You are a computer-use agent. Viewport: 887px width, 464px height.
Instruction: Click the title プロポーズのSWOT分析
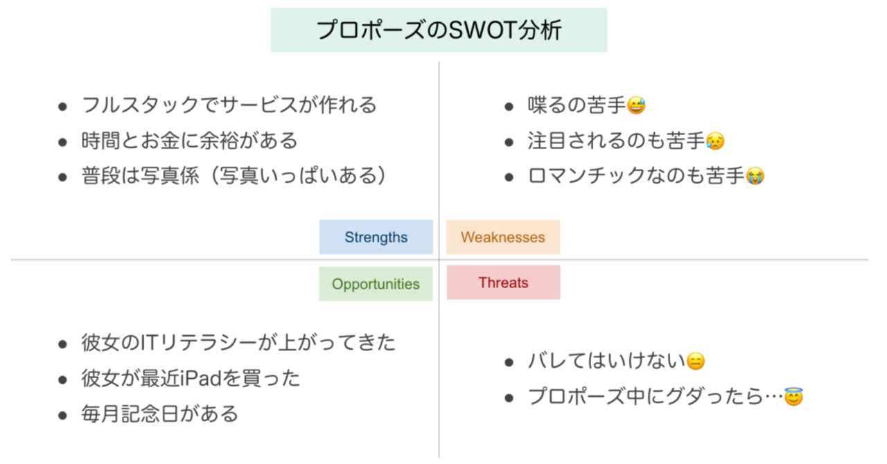click(x=439, y=30)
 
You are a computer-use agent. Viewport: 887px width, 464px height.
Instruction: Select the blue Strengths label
click(x=376, y=237)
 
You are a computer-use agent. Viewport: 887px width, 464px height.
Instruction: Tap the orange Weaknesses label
click(x=503, y=237)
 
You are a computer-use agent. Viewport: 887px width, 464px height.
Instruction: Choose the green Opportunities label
click(x=376, y=283)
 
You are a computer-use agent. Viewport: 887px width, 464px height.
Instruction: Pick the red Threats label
click(x=503, y=283)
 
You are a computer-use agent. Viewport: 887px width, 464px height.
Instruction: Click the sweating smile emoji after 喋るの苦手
click(x=636, y=105)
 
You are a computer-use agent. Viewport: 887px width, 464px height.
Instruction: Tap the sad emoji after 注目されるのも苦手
click(x=715, y=141)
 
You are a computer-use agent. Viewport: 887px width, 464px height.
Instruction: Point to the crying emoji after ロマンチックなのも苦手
click(x=755, y=176)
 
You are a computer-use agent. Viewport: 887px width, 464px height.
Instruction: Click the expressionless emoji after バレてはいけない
click(x=695, y=361)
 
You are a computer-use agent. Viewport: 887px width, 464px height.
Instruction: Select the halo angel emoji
click(x=793, y=397)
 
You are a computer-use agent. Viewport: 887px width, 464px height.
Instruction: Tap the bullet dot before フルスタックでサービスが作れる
click(x=62, y=107)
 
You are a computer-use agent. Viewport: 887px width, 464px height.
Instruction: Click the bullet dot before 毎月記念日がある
click(x=62, y=416)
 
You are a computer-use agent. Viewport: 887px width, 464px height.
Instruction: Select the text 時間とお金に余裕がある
click(x=189, y=141)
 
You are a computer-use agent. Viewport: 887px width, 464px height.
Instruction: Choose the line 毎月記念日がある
click(x=159, y=414)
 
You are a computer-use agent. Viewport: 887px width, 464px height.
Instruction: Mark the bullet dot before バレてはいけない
click(x=509, y=362)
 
